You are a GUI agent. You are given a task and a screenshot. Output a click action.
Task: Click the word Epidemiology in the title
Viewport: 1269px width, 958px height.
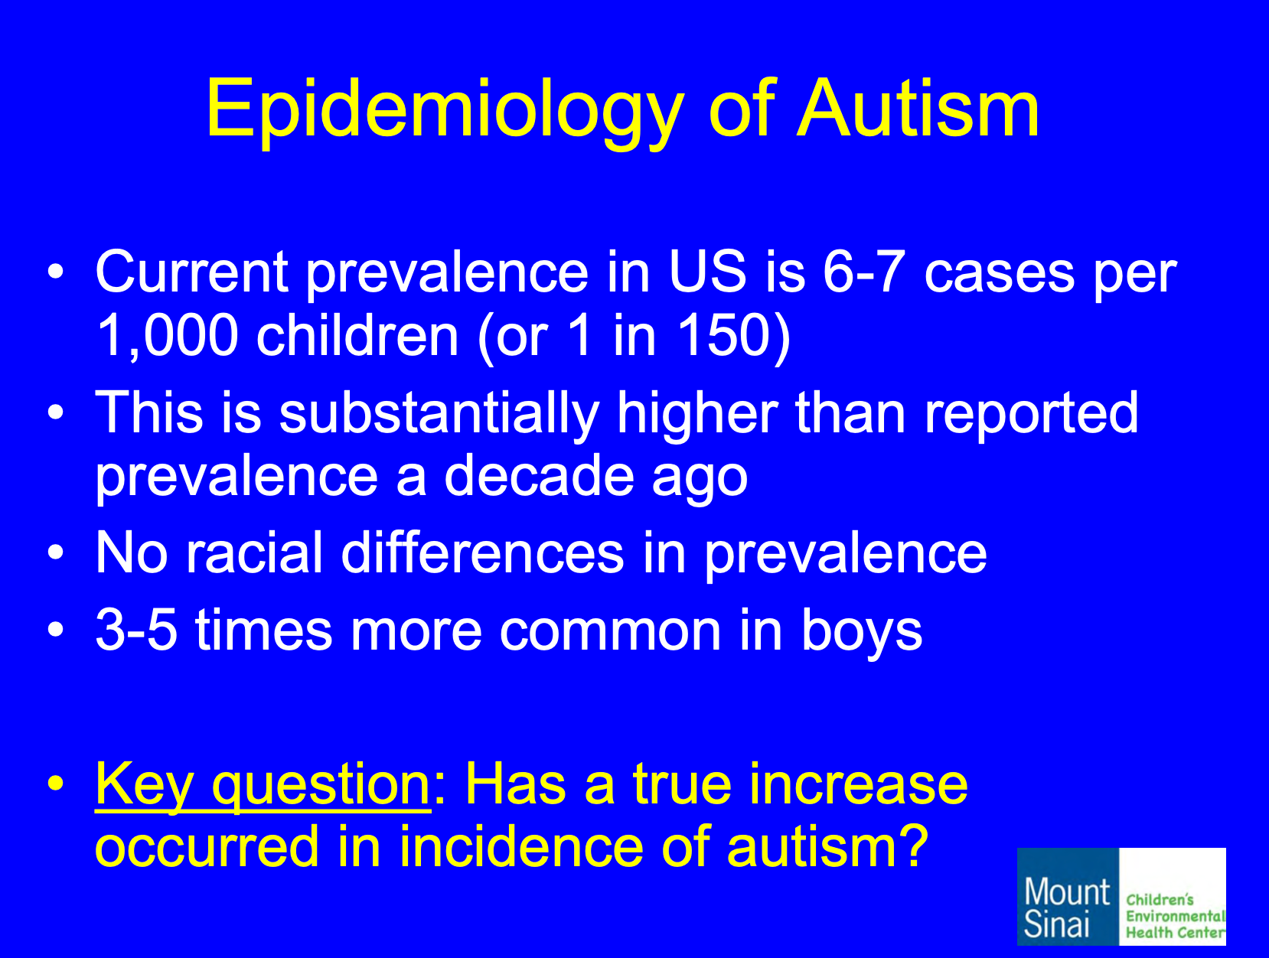445,112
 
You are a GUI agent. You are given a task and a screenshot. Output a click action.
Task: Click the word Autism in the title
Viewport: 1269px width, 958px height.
918,107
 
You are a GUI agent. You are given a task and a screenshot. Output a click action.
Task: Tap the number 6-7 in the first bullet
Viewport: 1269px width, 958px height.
864,271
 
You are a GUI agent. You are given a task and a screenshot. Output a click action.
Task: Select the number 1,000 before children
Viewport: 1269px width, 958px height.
167,335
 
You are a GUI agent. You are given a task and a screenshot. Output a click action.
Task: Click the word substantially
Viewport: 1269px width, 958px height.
439,413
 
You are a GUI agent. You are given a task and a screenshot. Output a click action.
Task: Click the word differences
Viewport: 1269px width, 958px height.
483,552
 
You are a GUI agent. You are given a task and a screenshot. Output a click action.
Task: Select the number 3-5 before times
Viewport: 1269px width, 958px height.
136,630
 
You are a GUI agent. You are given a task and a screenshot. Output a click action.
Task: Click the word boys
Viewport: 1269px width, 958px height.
861,632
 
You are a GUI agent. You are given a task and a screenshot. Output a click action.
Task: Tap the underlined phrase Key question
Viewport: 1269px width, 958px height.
263,787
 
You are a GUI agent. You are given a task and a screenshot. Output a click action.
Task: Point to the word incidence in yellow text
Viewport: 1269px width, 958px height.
521,846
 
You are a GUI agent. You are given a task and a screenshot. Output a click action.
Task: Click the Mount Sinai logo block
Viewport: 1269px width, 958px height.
1068,897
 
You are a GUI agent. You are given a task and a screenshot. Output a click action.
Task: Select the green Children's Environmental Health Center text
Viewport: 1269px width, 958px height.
1176,916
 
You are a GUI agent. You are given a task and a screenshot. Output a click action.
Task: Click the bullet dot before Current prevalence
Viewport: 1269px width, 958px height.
56,272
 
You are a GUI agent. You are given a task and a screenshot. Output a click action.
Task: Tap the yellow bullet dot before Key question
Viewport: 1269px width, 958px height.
56,784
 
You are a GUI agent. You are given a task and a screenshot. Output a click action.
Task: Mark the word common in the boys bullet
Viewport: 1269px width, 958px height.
611,631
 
